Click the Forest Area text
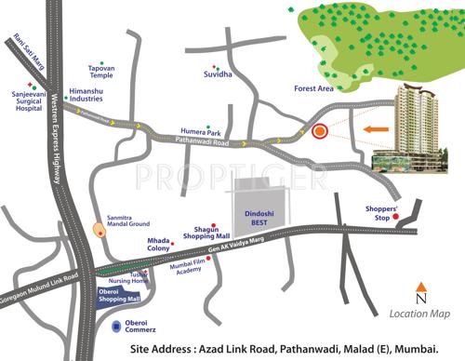pyautogui.click(x=313, y=91)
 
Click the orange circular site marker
pyautogui.click(x=320, y=132)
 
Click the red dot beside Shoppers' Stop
pyautogui.click(x=396, y=218)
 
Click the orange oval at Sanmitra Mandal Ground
pyautogui.click(x=100, y=229)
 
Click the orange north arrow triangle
pyautogui.click(x=421, y=287)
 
